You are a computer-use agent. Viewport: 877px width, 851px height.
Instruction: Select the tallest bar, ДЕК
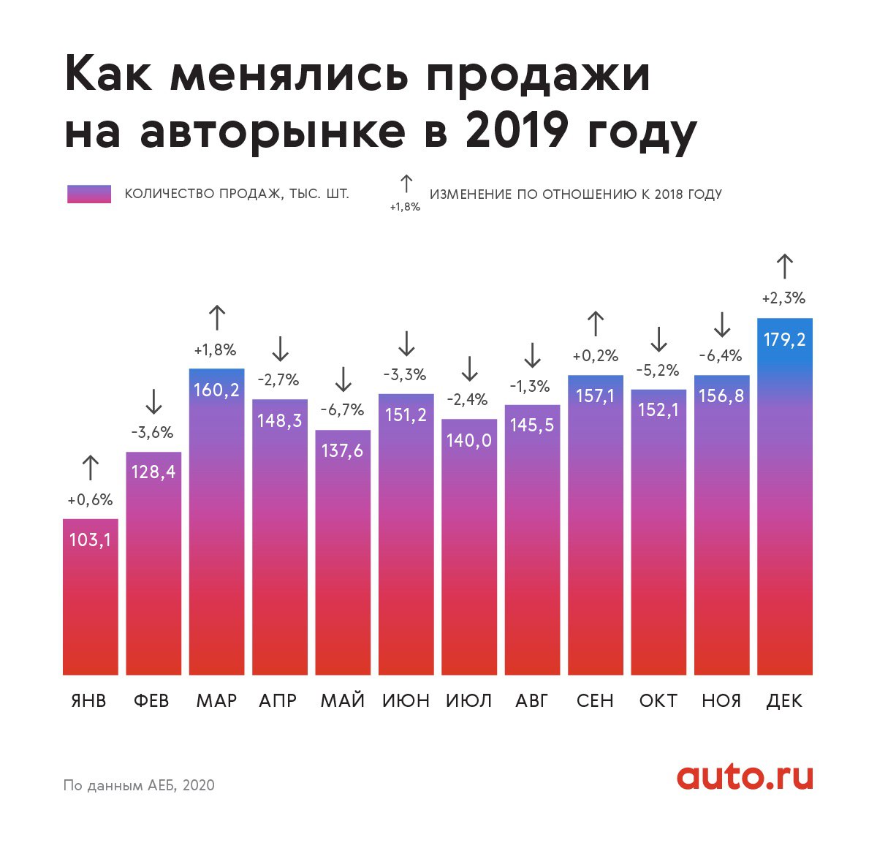tap(784, 497)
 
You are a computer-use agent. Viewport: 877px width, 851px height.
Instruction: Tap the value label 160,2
tap(216, 390)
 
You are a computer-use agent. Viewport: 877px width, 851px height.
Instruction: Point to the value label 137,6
tap(342, 450)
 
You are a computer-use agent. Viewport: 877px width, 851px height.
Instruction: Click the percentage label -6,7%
tap(342, 410)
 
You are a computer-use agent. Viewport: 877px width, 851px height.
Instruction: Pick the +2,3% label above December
tap(783, 298)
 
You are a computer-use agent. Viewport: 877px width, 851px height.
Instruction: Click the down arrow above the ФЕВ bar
tap(153, 401)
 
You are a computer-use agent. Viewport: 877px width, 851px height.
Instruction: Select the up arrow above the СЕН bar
tap(596, 324)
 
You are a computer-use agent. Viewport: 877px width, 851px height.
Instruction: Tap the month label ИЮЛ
tap(468, 700)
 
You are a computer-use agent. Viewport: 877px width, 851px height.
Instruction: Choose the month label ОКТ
tap(658, 700)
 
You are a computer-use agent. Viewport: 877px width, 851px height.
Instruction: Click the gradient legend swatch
tap(89, 194)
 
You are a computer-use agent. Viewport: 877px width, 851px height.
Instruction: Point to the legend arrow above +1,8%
tap(406, 184)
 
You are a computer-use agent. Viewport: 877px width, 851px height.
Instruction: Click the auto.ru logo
tap(744, 776)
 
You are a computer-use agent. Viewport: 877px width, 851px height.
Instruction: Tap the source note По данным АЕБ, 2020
tap(139, 785)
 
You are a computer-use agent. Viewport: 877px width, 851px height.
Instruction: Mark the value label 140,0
tap(468, 440)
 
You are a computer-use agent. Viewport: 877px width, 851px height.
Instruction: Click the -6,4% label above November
tap(721, 356)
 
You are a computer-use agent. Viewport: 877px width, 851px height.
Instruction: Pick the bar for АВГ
tap(532, 541)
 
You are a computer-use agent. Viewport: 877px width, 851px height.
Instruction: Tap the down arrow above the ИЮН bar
tap(406, 343)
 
